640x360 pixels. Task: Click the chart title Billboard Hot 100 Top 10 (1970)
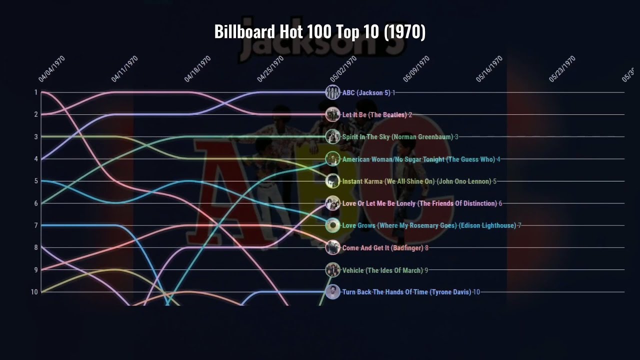tap(320, 32)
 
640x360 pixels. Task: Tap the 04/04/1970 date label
tap(52, 69)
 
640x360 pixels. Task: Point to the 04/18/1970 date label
tap(197, 69)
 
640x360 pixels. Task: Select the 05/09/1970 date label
tap(416, 69)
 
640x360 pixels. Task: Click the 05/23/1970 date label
tap(562, 69)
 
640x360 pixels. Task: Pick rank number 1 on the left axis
tap(36, 92)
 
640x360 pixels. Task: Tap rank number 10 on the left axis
tap(34, 292)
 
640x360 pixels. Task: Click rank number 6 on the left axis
tap(36, 203)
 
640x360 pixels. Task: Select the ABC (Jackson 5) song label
tap(366, 93)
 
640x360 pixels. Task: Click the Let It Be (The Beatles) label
tap(374, 115)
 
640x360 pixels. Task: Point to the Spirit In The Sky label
tap(397, 137)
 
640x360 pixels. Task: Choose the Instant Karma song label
tap(416, 181)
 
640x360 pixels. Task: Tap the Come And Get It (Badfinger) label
tap(383, 248)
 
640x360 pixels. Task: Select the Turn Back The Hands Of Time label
tap(406, 292)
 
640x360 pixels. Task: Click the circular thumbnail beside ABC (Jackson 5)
tap(332, 92)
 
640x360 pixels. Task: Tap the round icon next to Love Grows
tap(332, 225)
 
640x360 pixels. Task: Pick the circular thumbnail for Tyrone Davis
tap(332, 292)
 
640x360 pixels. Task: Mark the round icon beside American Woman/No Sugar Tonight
tap(332, 159)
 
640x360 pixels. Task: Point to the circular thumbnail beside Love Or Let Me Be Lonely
tap(332, 203)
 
